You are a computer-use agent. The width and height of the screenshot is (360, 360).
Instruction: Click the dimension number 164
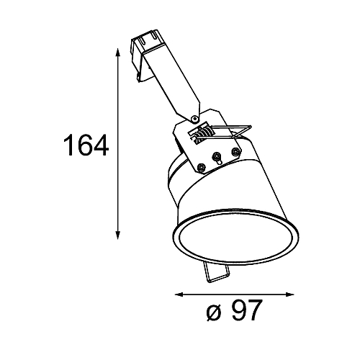tap(86, 145)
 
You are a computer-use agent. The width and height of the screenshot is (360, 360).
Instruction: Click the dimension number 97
tap(246, 310)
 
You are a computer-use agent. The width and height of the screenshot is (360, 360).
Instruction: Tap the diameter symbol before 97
tap(213, 312)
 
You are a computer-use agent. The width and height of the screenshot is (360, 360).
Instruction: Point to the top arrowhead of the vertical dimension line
tap(117, 53)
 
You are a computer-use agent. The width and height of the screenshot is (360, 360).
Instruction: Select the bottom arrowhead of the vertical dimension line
tap(117, 235)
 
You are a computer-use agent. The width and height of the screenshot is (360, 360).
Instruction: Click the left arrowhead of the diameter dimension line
tap(179, 294)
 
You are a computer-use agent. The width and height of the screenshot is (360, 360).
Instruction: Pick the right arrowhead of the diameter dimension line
tap(289, 294)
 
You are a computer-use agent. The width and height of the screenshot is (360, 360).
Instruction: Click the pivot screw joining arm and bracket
tap(194, 118)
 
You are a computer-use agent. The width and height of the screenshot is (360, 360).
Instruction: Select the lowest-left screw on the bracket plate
tap(201, 167)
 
